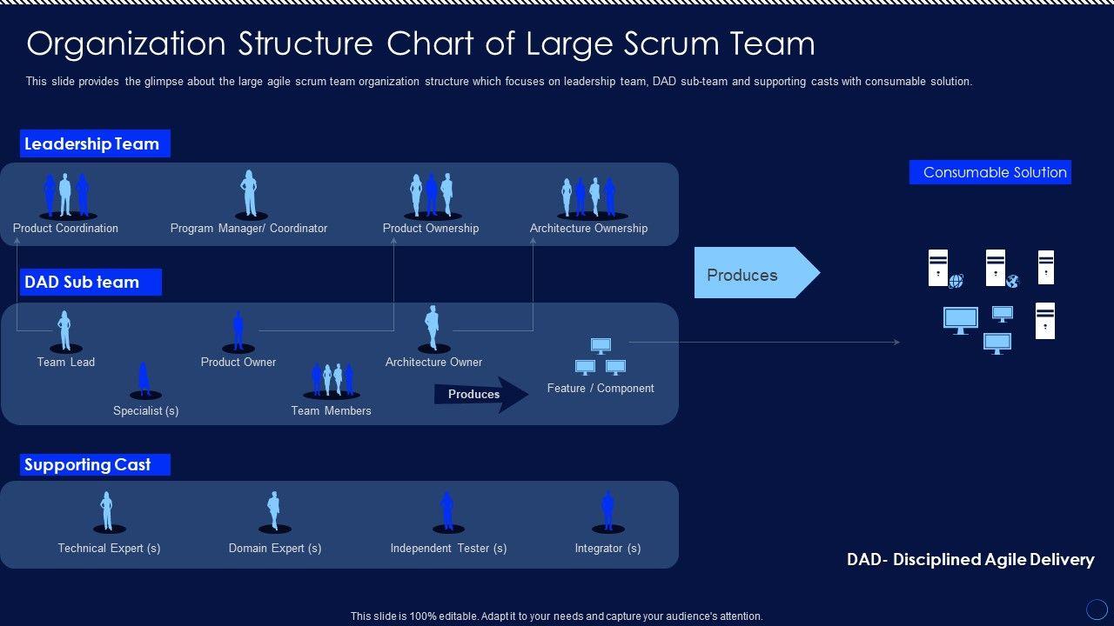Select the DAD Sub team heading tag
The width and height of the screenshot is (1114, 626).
tap(91, 282)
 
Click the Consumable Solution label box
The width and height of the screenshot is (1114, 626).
tap(990, 172)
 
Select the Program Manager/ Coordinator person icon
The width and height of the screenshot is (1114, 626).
tap(249, 193)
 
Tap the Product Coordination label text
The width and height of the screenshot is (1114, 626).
tap(65, 229)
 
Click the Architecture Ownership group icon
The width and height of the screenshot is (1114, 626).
tap(589, 196)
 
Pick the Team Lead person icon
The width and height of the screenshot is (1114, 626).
tap(65, 331)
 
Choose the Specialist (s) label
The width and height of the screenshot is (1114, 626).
tap(146, 410)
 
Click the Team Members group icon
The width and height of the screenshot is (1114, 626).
tap(332, 379)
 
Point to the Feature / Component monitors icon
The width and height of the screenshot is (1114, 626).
tap(601, 356)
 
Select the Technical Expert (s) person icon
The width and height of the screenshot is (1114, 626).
tap(108, 511)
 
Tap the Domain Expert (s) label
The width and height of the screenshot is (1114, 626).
tap(275, 549)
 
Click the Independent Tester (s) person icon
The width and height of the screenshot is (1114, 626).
tap(447, 511)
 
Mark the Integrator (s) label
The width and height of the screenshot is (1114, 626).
tap(607, 549)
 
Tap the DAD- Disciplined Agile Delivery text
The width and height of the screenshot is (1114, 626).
tap(970, 560)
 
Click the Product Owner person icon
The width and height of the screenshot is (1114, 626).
tap(238, 331)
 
